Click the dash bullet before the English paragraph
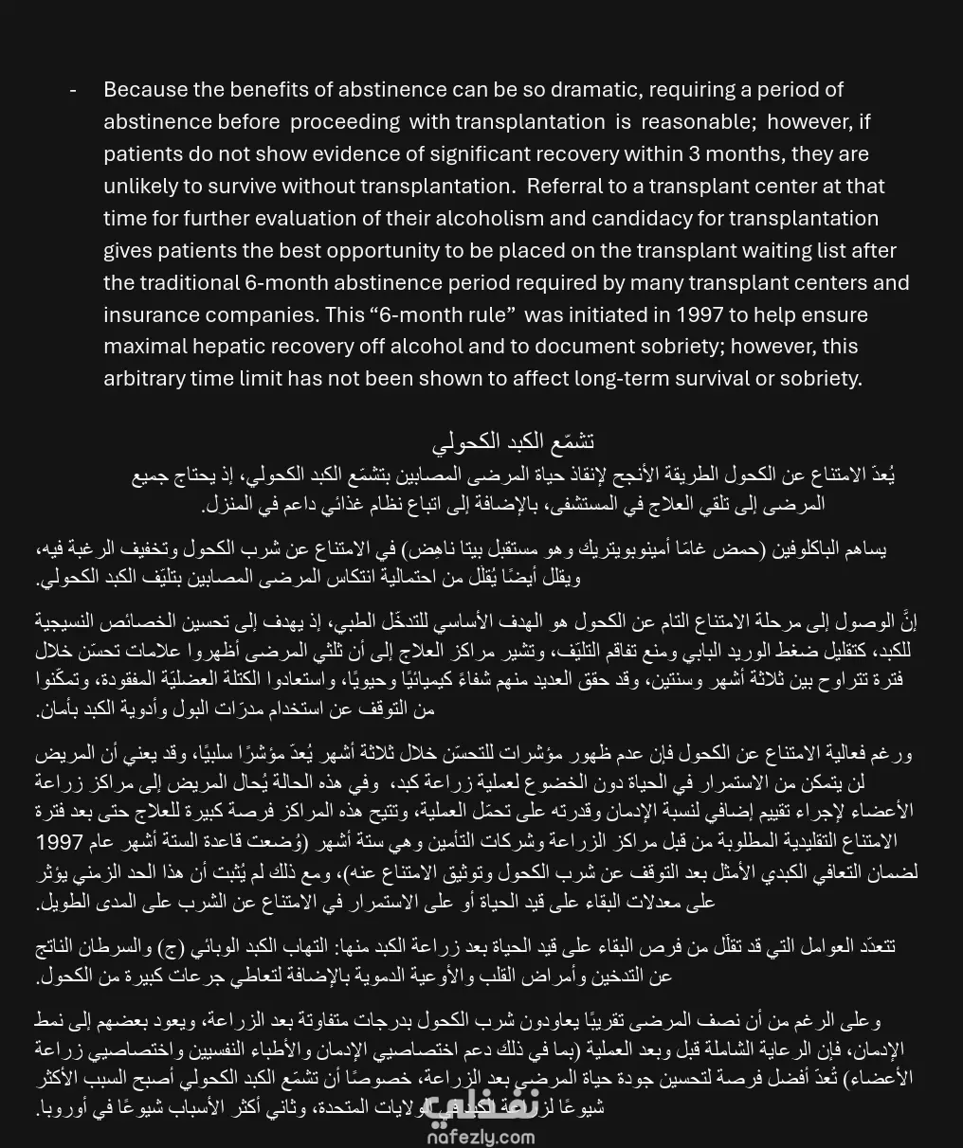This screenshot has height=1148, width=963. pos(73,89)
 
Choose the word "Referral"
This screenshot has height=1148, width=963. pos(566,186)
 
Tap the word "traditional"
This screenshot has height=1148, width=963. pos(189,282)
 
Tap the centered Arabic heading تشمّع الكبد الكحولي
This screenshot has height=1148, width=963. pos(513,441)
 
